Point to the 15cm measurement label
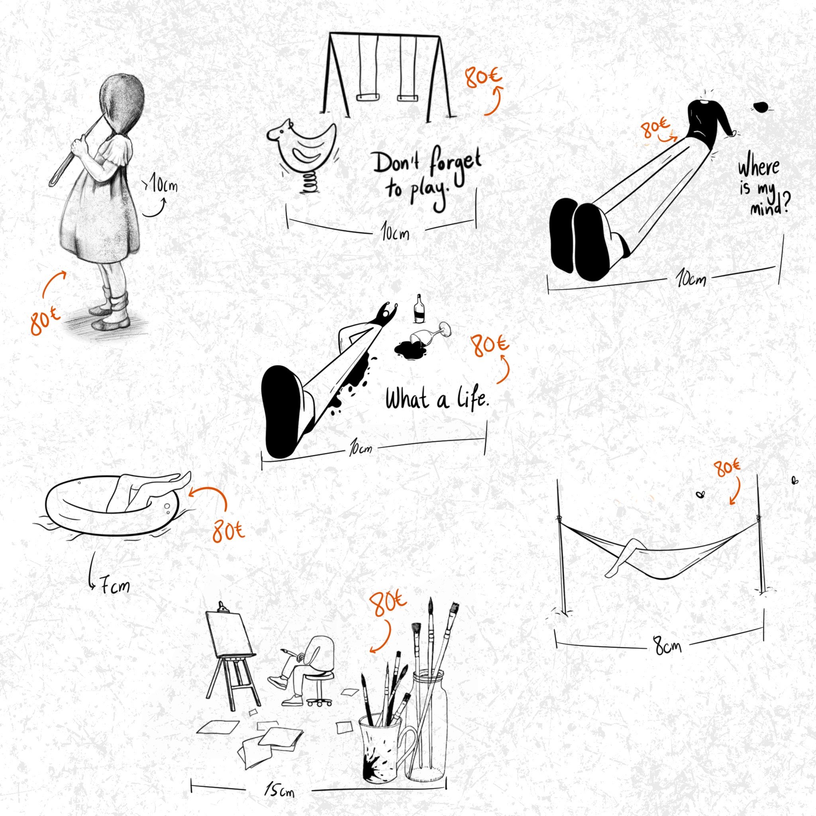279,789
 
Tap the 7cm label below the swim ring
114,586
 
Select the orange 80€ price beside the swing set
484,77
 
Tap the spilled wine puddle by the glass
409,349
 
